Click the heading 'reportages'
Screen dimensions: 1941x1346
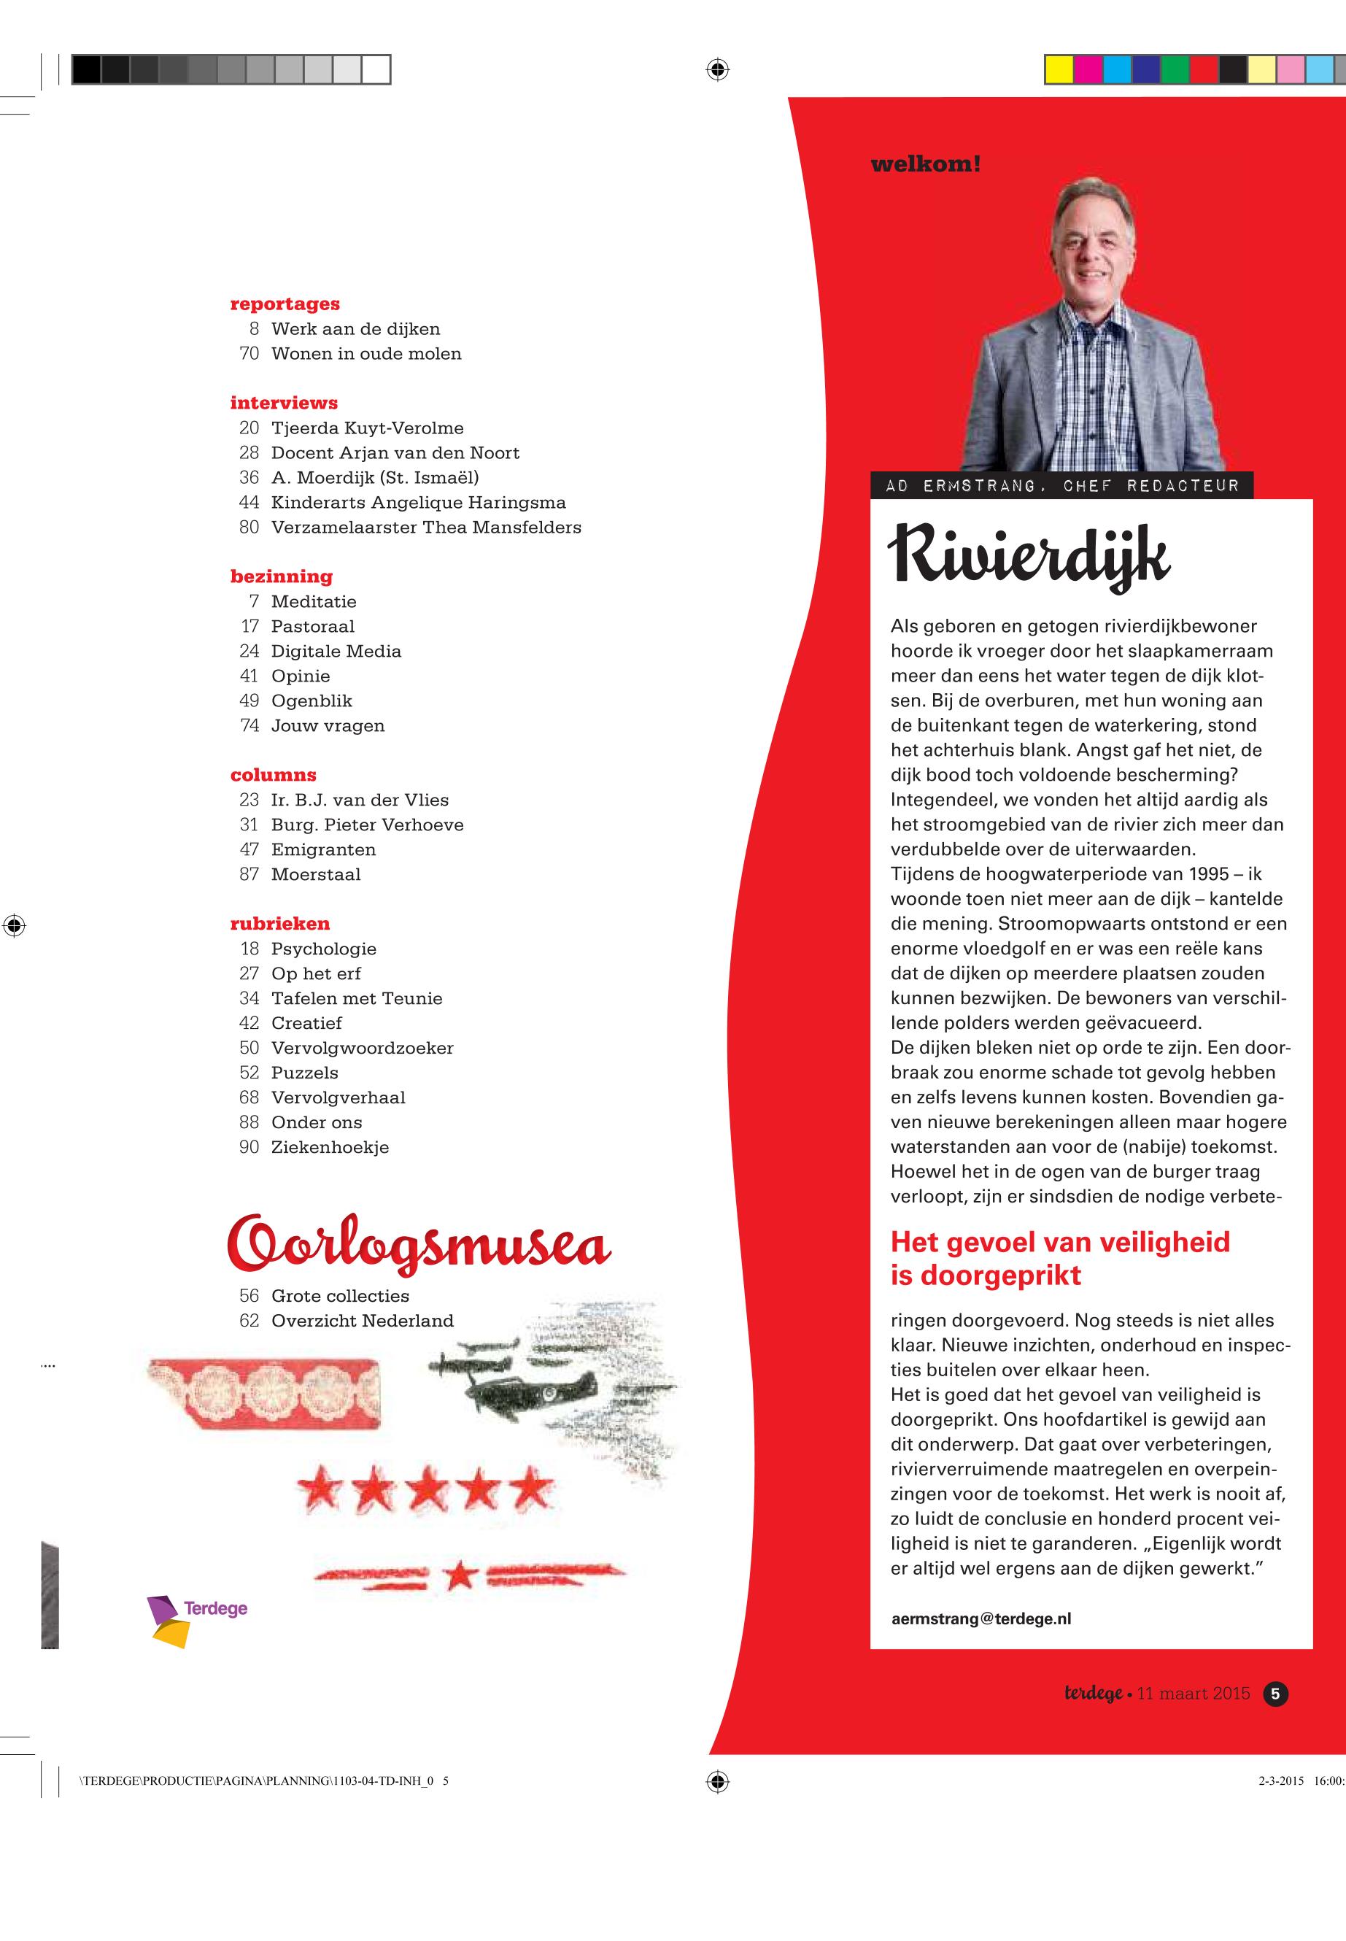(285, 304)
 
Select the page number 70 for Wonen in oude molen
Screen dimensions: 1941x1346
(249, 353)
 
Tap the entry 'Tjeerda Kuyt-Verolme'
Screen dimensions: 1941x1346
(367, 428)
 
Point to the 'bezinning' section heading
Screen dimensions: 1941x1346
(281, 576)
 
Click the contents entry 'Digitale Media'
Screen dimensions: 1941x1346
(336, 651)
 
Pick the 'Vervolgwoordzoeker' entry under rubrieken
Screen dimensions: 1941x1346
(362, 1049)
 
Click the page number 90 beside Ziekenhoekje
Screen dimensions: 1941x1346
(249, 1147)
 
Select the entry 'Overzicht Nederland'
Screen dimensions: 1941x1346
(362, 1321)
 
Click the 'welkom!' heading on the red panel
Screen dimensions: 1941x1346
(925, 164)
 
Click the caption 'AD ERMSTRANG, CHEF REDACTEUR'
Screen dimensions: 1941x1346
(1061, 487)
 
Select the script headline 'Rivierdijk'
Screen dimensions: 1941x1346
(1028, 557)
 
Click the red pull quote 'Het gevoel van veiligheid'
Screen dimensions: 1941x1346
(1060, 1243)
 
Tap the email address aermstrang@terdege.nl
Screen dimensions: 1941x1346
(981, 1618)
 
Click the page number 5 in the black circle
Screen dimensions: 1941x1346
(1275, 1693)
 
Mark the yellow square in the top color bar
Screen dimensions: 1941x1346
(1059, 69)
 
